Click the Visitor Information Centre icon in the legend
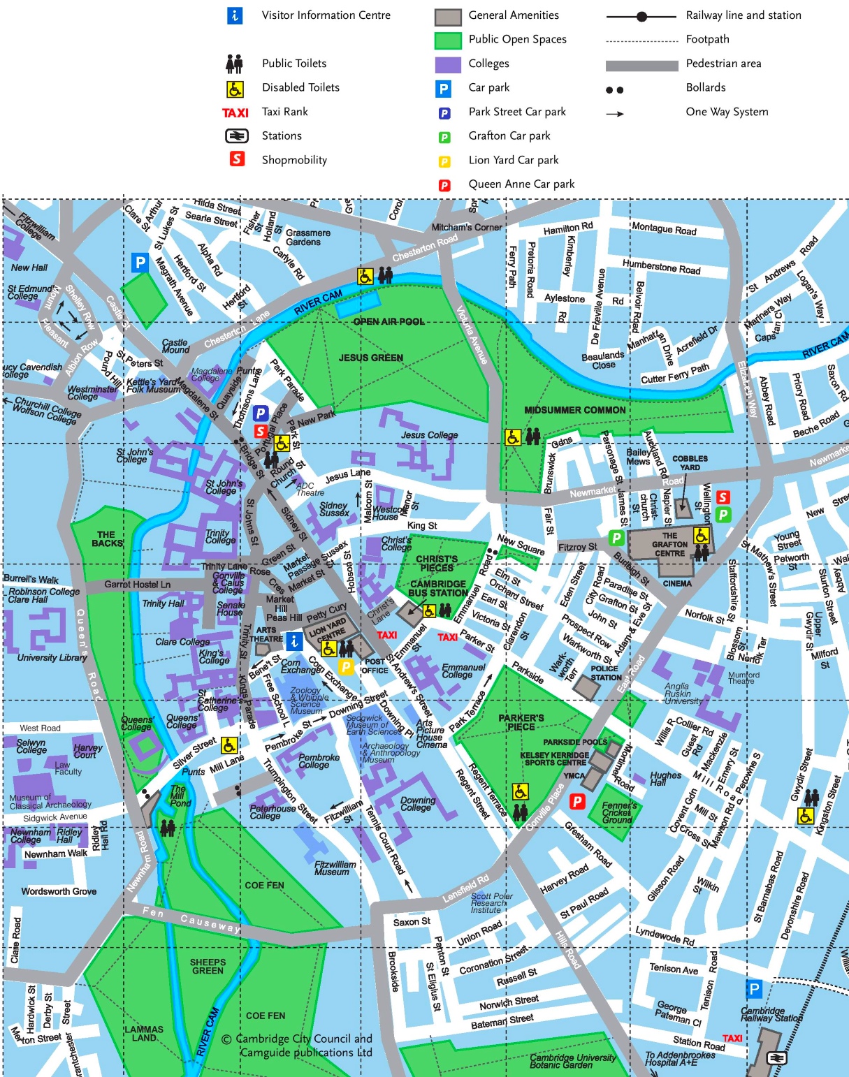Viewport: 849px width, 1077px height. tap(235, 15)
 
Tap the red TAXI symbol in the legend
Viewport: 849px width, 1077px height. tap(235, 112)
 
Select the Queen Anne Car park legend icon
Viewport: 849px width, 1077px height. tap(444, 185)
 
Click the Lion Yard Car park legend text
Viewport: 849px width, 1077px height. tap(513, 160)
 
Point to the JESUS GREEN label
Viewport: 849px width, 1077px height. tap(370, 358)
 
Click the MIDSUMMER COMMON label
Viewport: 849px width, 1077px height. tap(574, 410)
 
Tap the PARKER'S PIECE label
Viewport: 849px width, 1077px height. tap(521, 722)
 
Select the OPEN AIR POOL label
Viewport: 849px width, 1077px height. tap(389, 321)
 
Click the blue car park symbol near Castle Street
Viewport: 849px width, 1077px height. tap(140, 263)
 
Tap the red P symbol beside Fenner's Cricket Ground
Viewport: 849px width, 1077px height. tap(576, 801)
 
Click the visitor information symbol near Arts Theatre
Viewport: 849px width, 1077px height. tap(294, 640)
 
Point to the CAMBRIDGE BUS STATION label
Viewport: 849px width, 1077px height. tap(438, 588)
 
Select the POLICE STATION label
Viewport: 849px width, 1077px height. tap(605, 673)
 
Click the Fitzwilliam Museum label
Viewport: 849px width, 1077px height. tap(335, 868)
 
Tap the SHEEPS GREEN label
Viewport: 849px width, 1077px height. tap(208, 966)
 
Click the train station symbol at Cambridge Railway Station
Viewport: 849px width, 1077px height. tap(776, 1058)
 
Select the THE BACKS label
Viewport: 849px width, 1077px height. tap(107, 538)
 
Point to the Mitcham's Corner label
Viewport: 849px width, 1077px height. tap(466, 227)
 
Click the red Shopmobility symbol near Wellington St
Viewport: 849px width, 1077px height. tap(723, 497)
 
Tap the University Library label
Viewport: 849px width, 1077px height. tap(52, 657)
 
